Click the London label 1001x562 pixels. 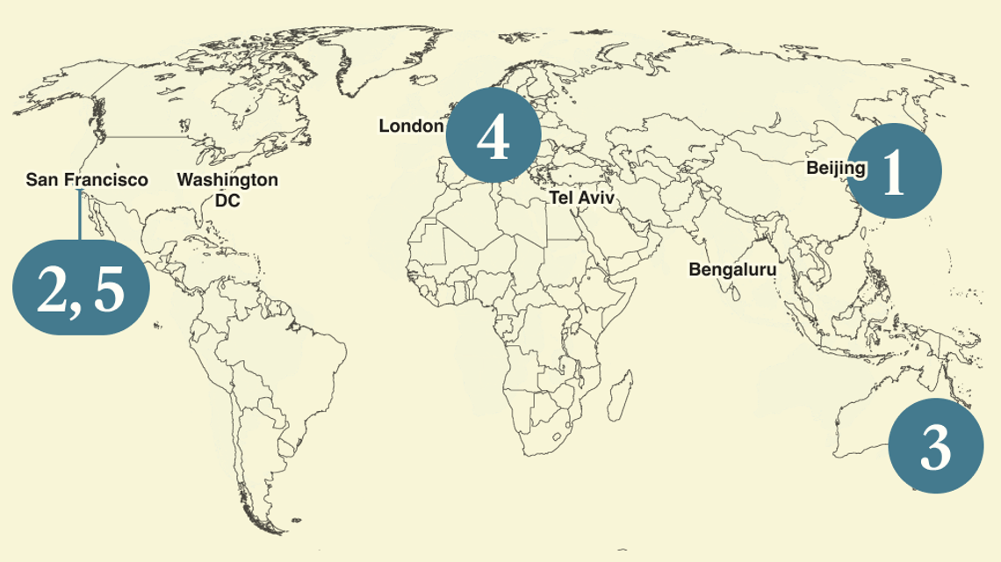[411, 126]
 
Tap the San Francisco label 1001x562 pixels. [87, 180]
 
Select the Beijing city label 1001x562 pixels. [835, 168]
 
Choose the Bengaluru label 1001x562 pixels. [732, 270]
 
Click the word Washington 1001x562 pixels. [227, 180]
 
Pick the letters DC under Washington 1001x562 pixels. [227, 200]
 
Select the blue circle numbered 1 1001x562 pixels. [895, 170]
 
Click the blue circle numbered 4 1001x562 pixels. [493, 135]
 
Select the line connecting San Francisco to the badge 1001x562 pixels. [80, 215]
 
